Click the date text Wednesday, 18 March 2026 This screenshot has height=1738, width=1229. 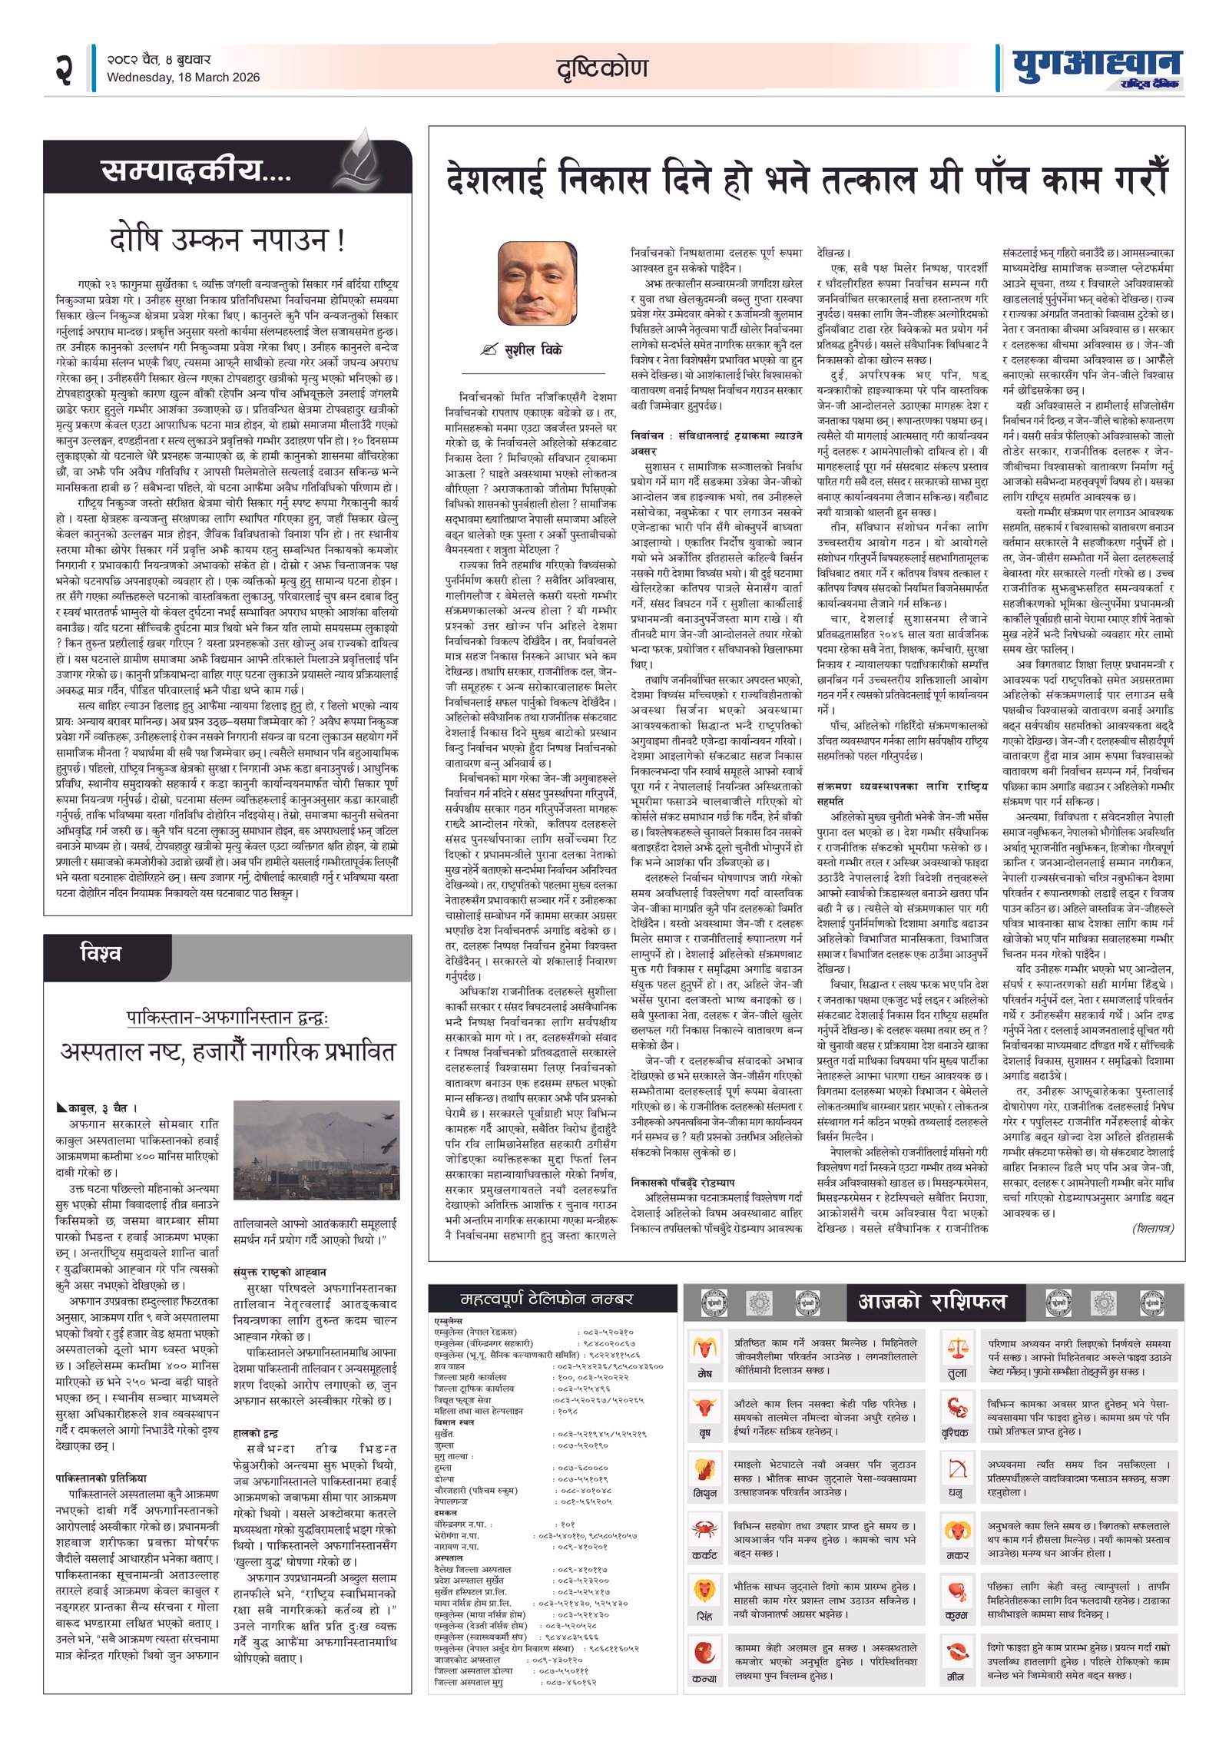(x=183, y=78)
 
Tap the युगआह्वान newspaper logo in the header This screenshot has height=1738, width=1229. (x=1096, y=68)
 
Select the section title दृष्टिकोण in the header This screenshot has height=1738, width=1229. (x=602, y=69)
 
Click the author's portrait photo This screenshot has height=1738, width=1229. (x=537, y=283)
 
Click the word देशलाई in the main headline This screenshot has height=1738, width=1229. (x=496, y=180)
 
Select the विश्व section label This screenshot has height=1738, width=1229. (x=101, y=953)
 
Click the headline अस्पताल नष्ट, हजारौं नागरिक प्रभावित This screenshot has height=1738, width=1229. (x=227, y=1051)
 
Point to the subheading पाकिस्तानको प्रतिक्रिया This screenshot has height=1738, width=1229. (x=101, y=1478)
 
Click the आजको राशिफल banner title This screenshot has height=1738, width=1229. (x=931, y=1301)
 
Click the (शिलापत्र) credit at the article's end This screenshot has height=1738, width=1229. (x=1153, y=1228)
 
